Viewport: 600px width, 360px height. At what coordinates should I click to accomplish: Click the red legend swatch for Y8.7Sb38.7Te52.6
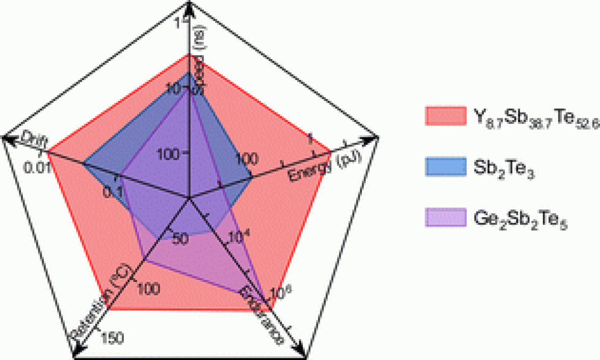click(x=445, y=116)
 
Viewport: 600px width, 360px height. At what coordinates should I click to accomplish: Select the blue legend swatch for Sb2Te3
click(x=445, y=167)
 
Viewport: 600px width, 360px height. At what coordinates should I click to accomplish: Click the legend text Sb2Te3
click(x=505, y=168)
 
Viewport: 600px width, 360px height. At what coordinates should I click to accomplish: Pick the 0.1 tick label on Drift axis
click(x=112, y=192)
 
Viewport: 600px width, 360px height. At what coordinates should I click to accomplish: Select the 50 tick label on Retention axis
click(x=180, y=240)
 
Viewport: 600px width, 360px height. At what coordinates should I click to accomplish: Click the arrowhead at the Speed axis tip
click(x=189, y=6)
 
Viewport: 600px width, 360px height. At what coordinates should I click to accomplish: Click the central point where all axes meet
click(x=189, y=197)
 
